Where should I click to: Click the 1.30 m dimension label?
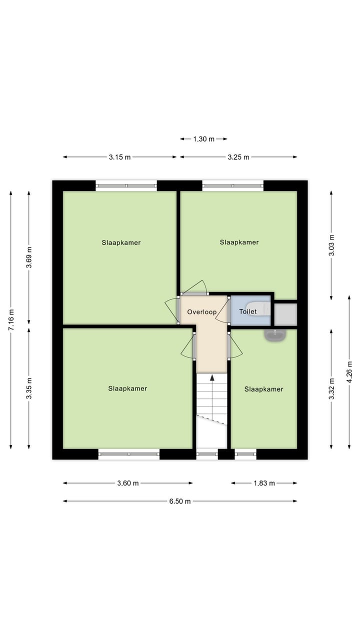point(203,139)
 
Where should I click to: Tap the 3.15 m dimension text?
point(119,157)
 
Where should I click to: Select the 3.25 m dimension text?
point(238,157)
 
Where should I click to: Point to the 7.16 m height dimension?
point(11,319)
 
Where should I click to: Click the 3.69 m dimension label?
point(29,258)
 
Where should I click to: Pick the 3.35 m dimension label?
point(29,388)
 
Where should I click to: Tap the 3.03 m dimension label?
point(331,245)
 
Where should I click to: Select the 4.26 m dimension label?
point(349,372)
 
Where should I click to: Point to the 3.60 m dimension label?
point(127,483)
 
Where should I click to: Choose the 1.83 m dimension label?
point(264,483)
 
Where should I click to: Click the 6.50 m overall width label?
point(180,501)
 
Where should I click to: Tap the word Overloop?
point(201,312)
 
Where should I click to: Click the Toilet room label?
point(247,311)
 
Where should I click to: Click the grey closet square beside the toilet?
point(286,314)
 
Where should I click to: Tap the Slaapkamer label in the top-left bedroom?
point(121,242)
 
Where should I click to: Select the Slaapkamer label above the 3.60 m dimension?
point(127,388)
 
